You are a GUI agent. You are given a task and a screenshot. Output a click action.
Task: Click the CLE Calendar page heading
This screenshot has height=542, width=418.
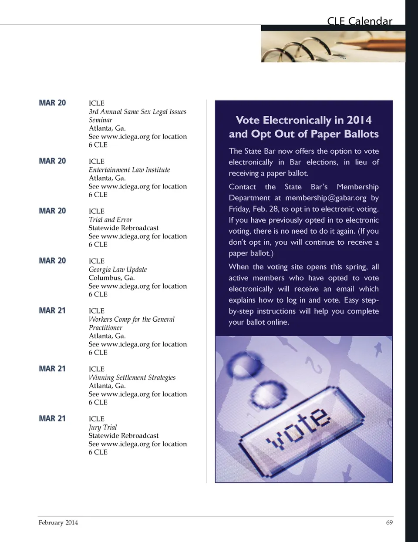359,21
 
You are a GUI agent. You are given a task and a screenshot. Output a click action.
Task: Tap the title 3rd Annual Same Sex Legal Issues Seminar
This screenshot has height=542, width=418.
137,116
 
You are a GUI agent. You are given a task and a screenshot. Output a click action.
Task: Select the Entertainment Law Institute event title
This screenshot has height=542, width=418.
129,170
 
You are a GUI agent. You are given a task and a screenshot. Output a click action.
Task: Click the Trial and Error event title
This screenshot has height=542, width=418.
110,219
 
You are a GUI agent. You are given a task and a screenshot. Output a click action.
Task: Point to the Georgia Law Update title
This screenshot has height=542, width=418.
118,269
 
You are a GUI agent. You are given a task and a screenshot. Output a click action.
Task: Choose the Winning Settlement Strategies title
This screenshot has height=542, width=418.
132,377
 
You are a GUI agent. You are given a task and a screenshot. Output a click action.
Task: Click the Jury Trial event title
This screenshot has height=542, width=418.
103,427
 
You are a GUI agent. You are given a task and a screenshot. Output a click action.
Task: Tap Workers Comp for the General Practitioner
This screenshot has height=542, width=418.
131,323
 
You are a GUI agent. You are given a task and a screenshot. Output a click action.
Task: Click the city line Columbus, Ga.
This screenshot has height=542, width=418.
111,278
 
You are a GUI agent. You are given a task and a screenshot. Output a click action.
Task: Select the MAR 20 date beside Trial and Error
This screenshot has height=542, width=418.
52,211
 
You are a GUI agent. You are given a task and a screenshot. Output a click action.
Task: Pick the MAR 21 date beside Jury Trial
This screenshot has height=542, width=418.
52,418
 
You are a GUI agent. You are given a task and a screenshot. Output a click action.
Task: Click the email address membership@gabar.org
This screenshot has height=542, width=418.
326,198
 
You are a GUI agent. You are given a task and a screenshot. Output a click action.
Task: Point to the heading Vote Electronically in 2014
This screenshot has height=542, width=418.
303,120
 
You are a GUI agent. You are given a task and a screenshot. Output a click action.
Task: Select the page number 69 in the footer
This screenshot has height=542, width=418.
389,522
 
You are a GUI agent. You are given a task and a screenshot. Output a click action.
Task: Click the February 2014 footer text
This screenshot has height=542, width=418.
58,522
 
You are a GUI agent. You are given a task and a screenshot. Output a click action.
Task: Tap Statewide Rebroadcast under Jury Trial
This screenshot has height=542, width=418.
123,435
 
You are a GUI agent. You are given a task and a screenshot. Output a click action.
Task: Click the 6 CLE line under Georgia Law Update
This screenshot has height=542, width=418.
98,294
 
